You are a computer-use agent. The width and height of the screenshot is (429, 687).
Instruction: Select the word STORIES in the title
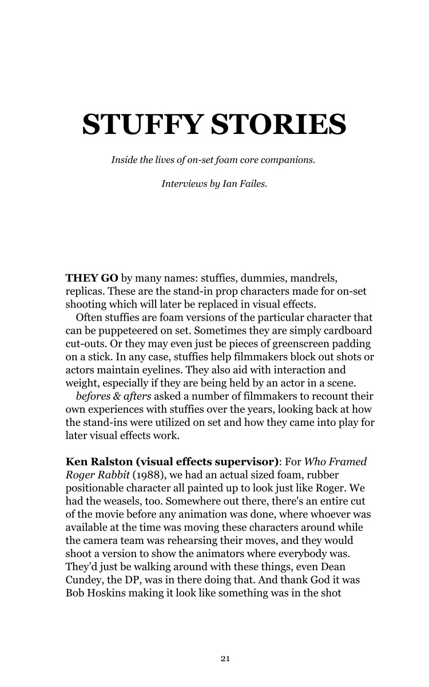coord(279,125)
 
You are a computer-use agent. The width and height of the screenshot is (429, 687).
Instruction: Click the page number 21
coord(225,659)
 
